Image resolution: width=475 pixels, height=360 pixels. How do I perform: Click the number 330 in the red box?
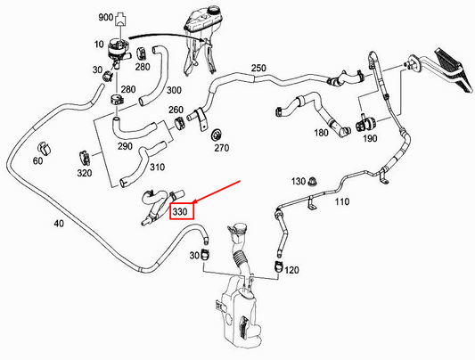click(x=180, y=212)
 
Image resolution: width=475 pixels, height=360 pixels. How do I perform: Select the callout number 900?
click(x=106, y=17)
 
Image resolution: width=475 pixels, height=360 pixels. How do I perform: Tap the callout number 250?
click(x=258, y=68)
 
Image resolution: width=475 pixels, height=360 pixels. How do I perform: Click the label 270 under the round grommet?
click(x=222, y=148)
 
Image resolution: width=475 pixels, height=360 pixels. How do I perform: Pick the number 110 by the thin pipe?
click(x=341, y=201)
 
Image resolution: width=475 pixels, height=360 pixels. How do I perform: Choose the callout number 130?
click(x=299, y=182)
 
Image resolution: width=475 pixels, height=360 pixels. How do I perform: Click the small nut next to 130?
click(x=312, y=183)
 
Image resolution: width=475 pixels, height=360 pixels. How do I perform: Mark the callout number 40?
click(x=59, y=224)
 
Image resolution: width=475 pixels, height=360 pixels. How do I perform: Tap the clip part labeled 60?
click(x=44, y=148)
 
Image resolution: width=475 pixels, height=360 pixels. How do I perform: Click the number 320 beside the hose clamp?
click(x=84, y=173)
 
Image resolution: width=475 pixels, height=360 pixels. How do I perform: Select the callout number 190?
click(x=370, y=138)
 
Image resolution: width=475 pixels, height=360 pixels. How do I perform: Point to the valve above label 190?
click(x=365, y=124)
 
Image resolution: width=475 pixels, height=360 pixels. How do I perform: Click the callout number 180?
click(x=321, y=132)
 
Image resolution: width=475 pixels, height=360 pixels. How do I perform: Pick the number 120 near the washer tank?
click(x=291, y=270)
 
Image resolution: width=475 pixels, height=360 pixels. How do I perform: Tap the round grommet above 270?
click(x=217, y=135)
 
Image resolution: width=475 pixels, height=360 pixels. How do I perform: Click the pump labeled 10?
click(x=118, y=50)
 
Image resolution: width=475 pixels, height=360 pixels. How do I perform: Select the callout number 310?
click(x=158, y=167)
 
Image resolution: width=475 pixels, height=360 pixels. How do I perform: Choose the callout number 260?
click(x=176, y=110)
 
